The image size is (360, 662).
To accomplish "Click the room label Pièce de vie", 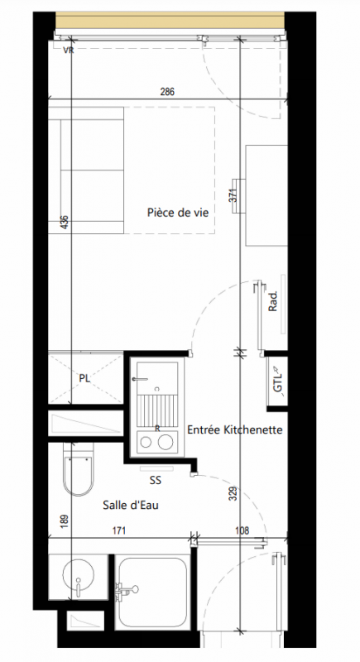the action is tap(178, 212).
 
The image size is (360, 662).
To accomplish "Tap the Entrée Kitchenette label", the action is tap(235, 429).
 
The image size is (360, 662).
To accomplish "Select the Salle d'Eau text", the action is tap(131, 505).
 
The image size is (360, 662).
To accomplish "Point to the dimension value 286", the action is tap(167, 92).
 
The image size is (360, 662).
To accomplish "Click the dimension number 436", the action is tap(65, 222).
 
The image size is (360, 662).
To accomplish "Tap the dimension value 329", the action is tap(233, 494).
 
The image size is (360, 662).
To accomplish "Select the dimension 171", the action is tap(119, 530).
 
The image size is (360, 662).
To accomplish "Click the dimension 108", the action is tap(242, 530).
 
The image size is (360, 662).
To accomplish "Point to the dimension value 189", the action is tap(65, 521).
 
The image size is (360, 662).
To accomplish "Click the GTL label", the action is tap(278, 382).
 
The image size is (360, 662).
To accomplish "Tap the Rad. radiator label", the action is tap(272, 301).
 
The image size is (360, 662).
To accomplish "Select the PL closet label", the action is tap(84, 378).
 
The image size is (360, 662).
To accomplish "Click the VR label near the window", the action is tap(68, 50).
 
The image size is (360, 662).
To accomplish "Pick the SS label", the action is tap(156, 481).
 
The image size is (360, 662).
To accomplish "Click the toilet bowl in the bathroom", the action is tap(78, 475).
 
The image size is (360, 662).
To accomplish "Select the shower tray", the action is tap(151, 592).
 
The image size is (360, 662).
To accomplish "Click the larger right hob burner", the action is tap(166, 443).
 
